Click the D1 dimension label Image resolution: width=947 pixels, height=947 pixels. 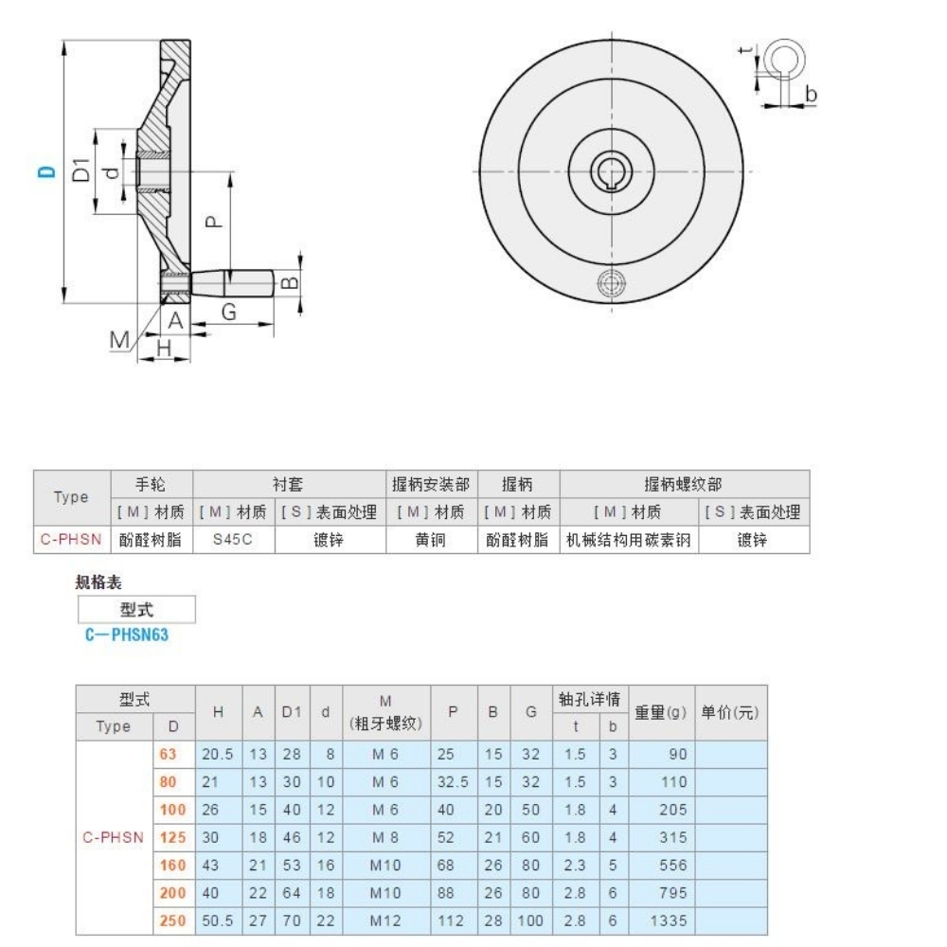pyautogui.click(x=82, y=170)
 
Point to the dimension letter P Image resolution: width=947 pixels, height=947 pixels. pyautogui.click(x=214, y=220)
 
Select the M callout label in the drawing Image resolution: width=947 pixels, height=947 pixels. pyautogui.click(x=119, y=339)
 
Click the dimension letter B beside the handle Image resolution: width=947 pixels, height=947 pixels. pyautogui.click(x=292, y=281)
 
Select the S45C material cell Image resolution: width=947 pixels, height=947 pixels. pyautogui.click(x=233, y=540)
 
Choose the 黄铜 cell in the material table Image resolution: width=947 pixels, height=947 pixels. pyautogui.click(x=430, y=540)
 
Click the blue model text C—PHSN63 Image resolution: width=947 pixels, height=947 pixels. pyautogui.click(x=127, y=635)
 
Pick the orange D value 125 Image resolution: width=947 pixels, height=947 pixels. pyautogui.click(x=173, y=837)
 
